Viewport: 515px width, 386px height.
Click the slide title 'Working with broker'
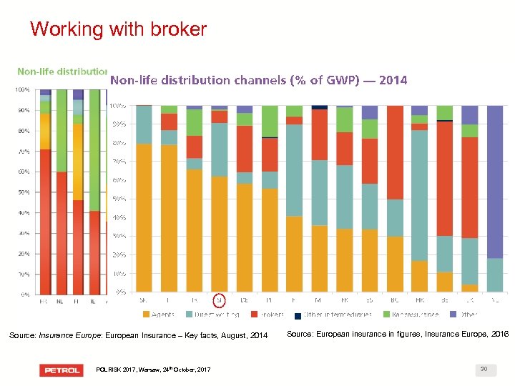[118, 29]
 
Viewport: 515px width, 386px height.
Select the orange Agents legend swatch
[147, 315]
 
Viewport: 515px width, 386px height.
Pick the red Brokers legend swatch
[255, 315]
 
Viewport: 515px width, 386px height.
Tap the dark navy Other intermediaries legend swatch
[298, 315]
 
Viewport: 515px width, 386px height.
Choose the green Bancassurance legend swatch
[388, 315]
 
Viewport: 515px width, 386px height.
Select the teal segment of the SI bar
[220, 149]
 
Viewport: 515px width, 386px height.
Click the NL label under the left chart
[62, 302]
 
